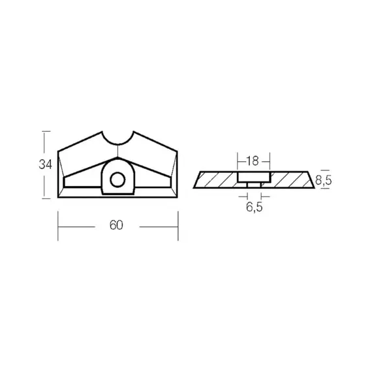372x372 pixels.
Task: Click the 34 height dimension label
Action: click(x=45, y=164)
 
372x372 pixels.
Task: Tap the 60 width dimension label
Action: click(x=116, y=225)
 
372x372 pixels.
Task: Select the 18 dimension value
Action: click(x=253, y=161)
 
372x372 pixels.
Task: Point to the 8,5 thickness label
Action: click(x=323, y=181)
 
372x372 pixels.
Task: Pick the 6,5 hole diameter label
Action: click(x=255, y=207)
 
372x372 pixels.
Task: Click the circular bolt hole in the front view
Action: click(x=117, y=179)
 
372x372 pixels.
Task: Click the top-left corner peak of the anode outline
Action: click(x=102, y=131)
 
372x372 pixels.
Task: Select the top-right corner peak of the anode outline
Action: click(x=134, y=131)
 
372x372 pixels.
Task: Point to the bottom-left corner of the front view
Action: click(x=58, y=197)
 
